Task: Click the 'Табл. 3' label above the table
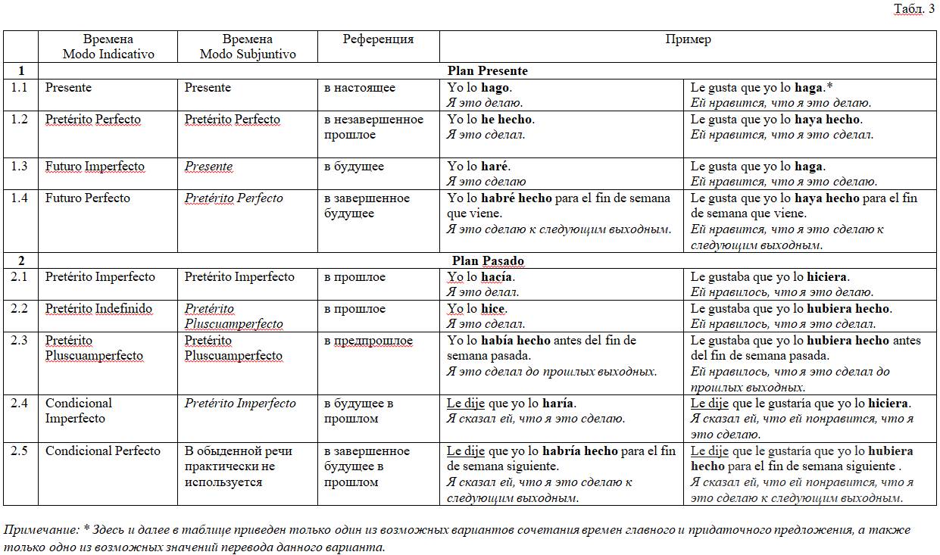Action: [x=914, y=8]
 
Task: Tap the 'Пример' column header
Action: [x=688, y=39]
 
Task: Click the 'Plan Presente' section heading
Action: [x=487, y=71]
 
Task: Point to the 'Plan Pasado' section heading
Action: [x=487, y=261]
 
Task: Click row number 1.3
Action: [x=20, y=167]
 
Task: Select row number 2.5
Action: [x=20, y=451]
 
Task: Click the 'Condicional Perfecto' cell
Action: [x=103, y=451]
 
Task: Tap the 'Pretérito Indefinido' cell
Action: [x=98, y=309]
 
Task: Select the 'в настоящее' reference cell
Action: [x=360, y=88]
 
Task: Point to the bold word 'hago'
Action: [x=495, y=88]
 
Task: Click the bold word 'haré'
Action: [x=495, y=167]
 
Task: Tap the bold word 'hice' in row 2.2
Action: [x=493, y=309]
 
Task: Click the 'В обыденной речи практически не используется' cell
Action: [x=238, y=466]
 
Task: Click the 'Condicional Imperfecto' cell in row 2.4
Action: [x=78, y=411]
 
